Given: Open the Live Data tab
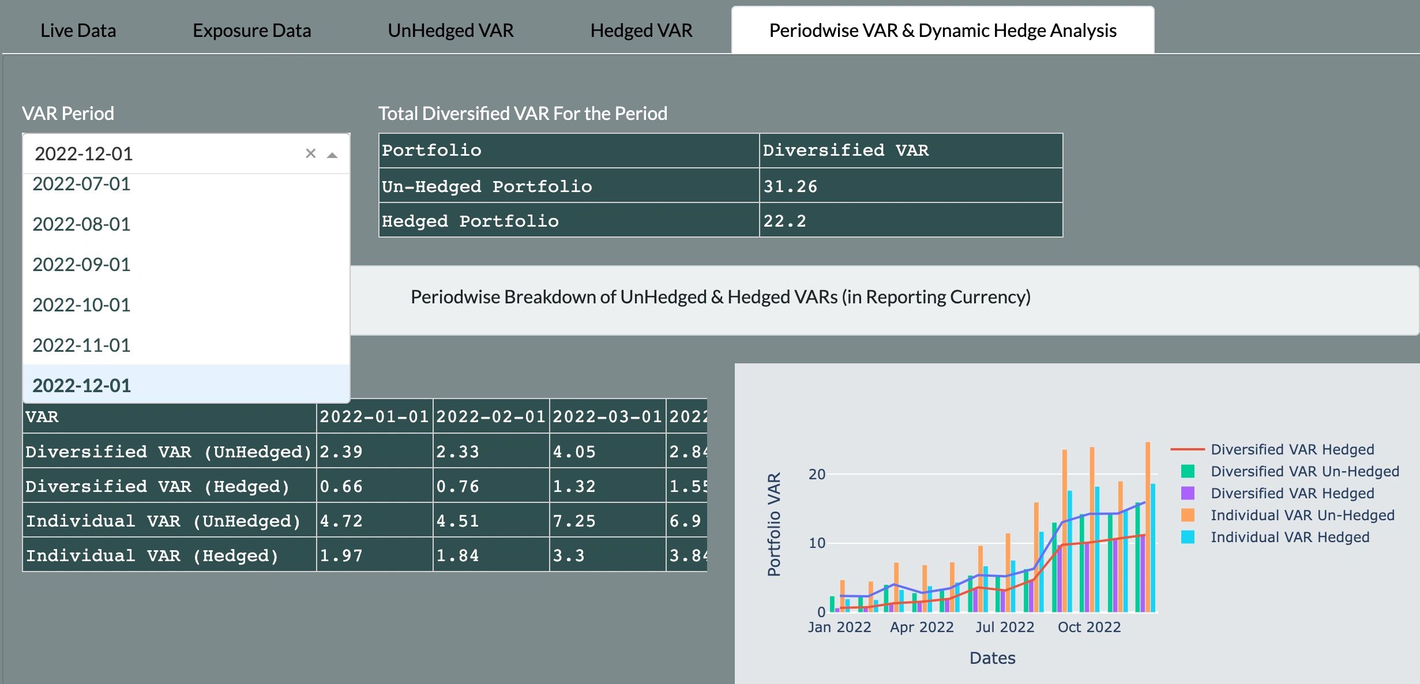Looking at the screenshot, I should point(78,31).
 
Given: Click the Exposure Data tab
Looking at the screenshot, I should point(251,31).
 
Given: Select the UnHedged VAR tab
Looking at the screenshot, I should point(450,31).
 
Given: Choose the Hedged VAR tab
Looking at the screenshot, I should point(641,31).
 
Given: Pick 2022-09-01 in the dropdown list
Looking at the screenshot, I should point(81,265).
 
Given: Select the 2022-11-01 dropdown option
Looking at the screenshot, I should point(81,345).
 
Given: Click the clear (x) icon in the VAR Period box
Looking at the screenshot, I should point(310,153).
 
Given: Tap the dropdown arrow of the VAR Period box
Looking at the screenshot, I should point(332,155).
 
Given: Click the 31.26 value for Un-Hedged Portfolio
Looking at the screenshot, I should point(790,186).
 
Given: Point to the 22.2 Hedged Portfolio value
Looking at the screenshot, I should point(784,221).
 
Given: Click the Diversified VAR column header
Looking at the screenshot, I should point(846,151).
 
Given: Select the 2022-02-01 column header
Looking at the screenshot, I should point(491,416).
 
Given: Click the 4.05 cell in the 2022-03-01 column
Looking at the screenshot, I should point(574,452).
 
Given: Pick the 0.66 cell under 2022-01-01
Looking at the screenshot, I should point(341,486).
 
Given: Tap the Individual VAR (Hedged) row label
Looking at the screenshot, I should point(152,555).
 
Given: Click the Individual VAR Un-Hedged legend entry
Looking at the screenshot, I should point(1302,515).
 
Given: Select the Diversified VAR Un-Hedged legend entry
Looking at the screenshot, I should point(1304,471).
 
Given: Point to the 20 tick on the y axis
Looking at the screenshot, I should point(817,474).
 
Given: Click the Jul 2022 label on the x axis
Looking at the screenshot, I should point(1005,627).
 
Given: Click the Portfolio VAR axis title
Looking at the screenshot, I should point(774,524).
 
